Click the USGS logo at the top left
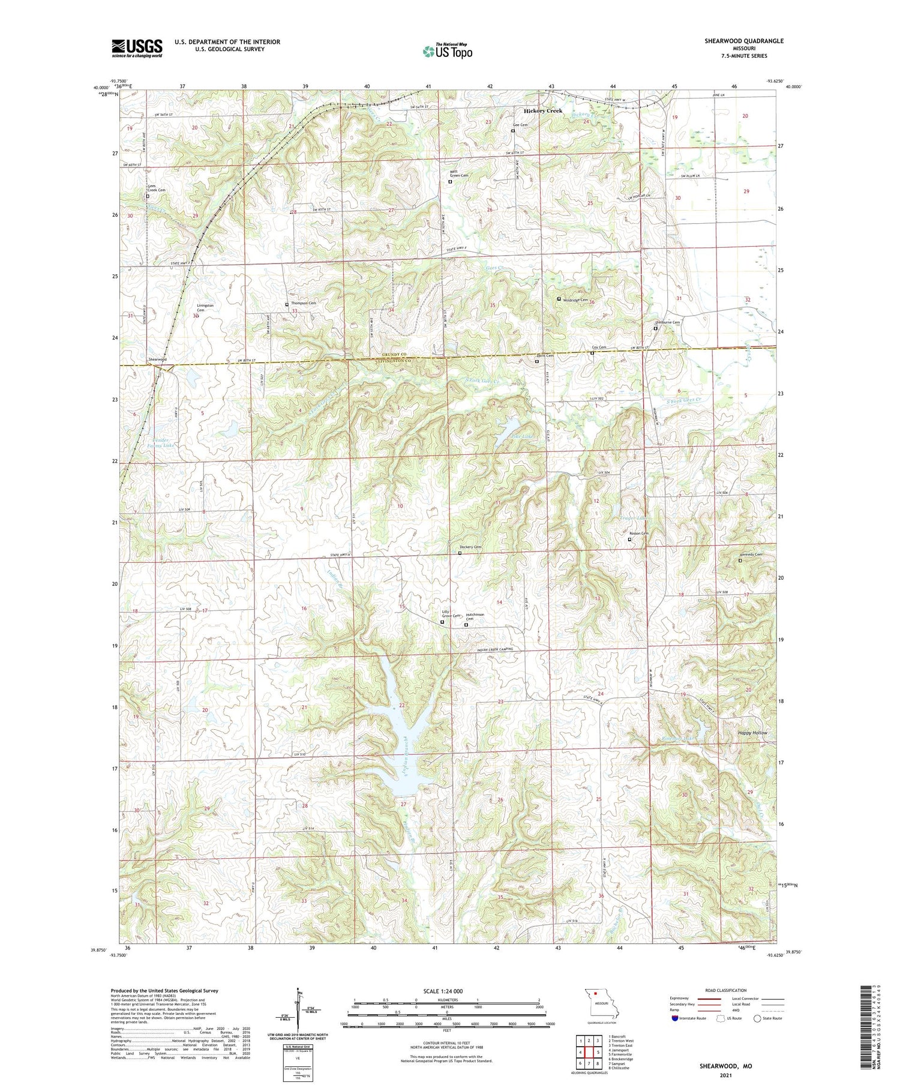click(137, 48)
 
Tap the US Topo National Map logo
click(447, 51)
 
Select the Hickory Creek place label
click(543, 111)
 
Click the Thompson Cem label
click(303, 304)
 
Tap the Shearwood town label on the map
click(157, 359)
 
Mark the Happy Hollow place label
click(752, 733)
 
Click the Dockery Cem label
click(470, 547)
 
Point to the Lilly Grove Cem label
click(451, 615)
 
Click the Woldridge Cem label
click(575, 299)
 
